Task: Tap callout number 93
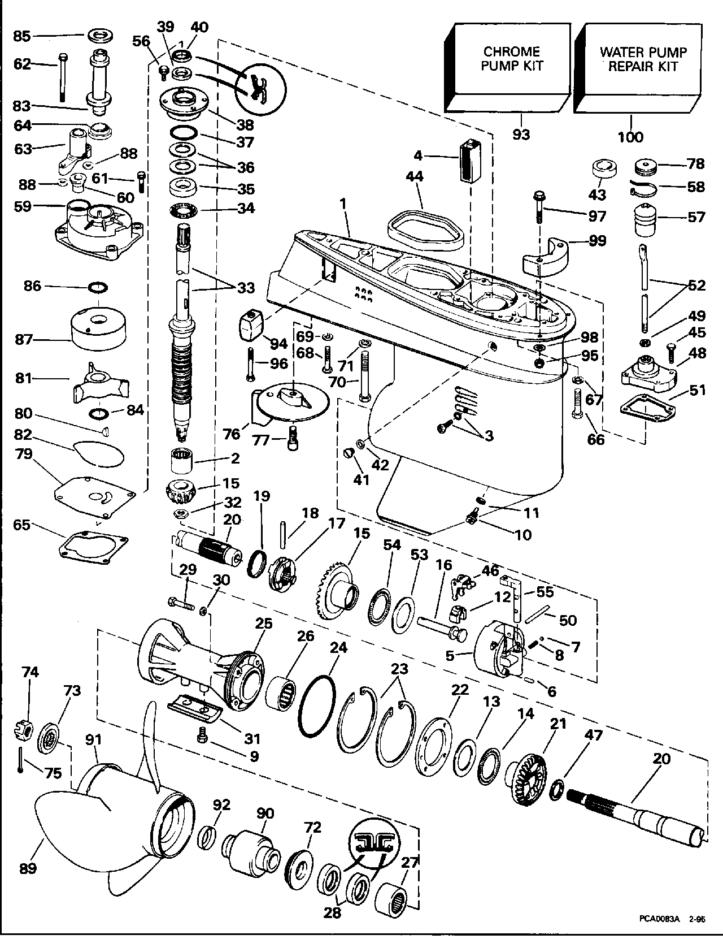(521, 135)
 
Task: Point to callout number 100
(630, 137)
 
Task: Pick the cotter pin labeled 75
(20, 760)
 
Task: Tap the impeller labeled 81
(100, 383)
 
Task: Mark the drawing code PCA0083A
(660, 919)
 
